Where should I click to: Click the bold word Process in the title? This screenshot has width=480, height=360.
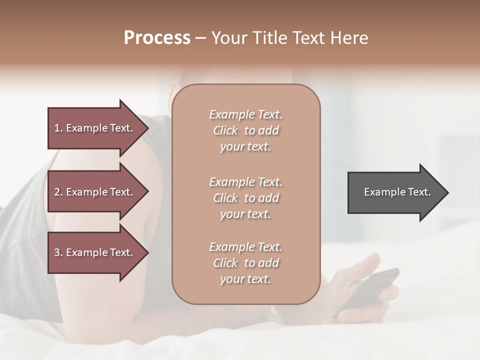pos(157,38)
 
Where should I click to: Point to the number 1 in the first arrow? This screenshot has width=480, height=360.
pos(57,128)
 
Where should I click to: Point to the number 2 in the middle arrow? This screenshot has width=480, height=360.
pos(57,192)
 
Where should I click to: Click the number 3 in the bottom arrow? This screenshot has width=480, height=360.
pos(57,252)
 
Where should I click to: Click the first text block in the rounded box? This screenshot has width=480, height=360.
pos(245,130)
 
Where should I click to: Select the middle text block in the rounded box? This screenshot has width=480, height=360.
pos(245,198)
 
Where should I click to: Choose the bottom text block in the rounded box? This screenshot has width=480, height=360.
pos(245,263)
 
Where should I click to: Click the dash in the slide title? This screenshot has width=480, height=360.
pos(200,38)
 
